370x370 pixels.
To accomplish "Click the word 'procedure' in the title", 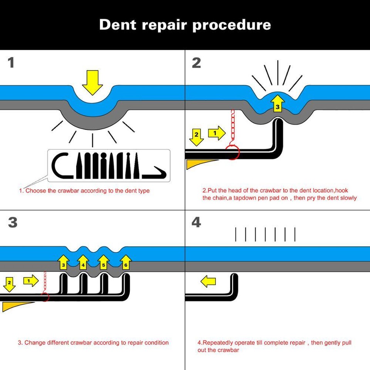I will (x=231, y=25).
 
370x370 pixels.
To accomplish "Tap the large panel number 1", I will (x=11, y=62).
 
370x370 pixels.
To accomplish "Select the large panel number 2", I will (x=196, y=62).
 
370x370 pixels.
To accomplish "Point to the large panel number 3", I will (x=12, y=222).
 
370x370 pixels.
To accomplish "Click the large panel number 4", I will (x=196, y=222).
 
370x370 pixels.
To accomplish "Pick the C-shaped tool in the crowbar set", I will (x=60, y=165).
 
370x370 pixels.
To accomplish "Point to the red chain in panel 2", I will (x=232, y=125).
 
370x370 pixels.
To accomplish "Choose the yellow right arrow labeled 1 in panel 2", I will (x=216, y=133).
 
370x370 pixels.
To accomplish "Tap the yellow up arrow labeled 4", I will (x=83, y=263).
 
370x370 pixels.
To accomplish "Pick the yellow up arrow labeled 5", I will (x=103, y=263).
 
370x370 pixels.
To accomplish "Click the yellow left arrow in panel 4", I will (x=208, y=282).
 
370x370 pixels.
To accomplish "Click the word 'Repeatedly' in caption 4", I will (x=216, y=343).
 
